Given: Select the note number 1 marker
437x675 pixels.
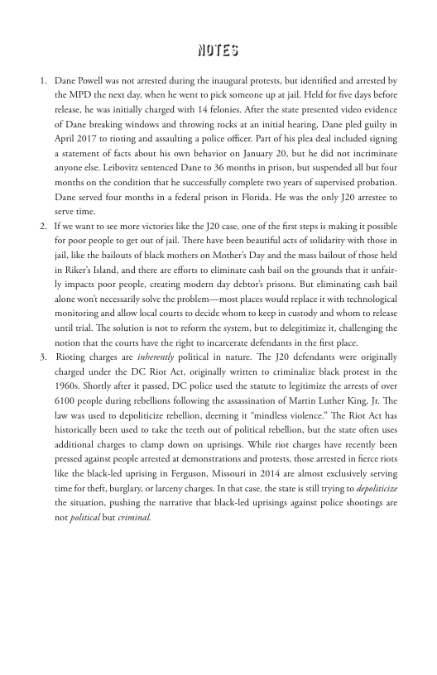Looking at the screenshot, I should point(42,82).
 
